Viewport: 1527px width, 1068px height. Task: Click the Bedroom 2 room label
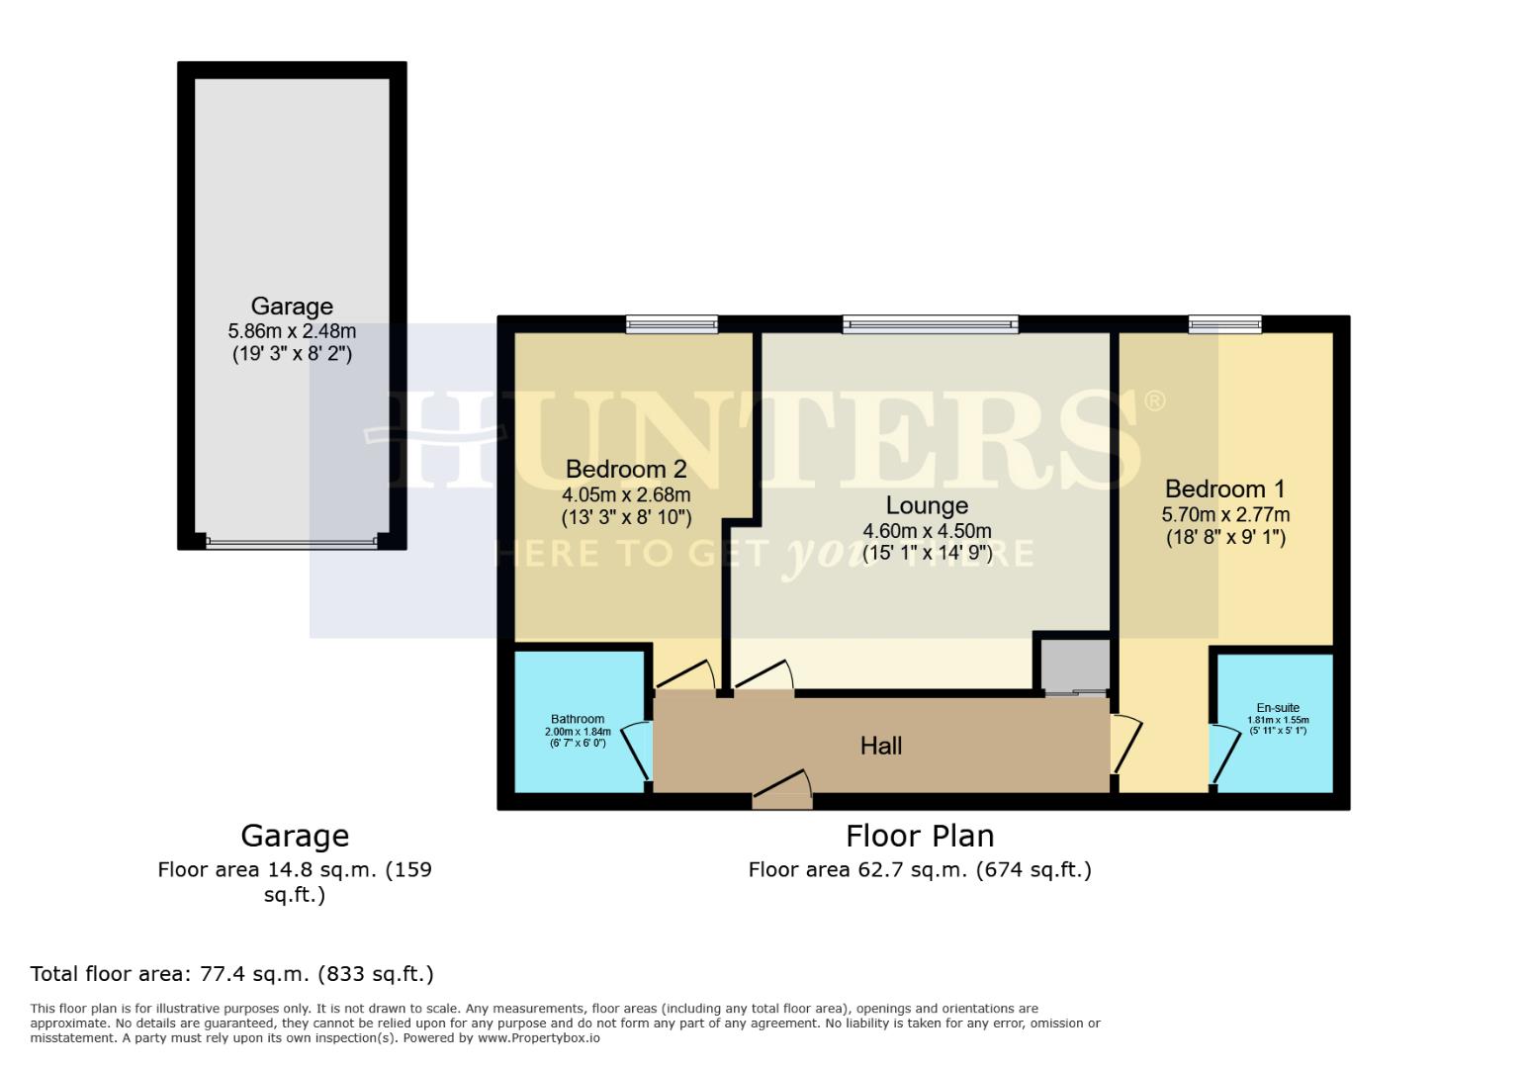(626, 469)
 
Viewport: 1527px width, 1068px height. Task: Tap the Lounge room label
(927, 505)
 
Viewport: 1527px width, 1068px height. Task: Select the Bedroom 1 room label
(1224, 489)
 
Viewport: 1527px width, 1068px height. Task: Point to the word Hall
(880, 746)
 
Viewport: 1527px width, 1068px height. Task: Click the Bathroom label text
(578, 719)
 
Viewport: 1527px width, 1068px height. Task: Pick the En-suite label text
(1278, 708)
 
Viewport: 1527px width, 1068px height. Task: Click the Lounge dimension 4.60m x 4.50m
(927, 531)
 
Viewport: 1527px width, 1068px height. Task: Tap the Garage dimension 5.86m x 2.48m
(292, 331)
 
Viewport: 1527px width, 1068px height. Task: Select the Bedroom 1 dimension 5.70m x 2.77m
(1224, 515)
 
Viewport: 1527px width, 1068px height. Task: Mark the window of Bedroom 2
(672, 322)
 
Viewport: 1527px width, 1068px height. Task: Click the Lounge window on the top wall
(930, 322)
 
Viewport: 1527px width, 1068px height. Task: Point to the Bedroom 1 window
(1224, 322)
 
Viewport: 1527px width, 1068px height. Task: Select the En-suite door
(1224, 756)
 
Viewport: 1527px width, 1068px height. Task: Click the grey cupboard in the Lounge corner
(1072, 664)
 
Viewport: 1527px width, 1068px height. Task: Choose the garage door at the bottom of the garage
(292, 541)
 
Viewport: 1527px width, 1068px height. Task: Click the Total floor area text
(232, 974)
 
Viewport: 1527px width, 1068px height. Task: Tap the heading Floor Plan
(920, 837)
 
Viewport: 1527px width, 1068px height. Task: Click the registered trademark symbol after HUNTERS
(1154, 400)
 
